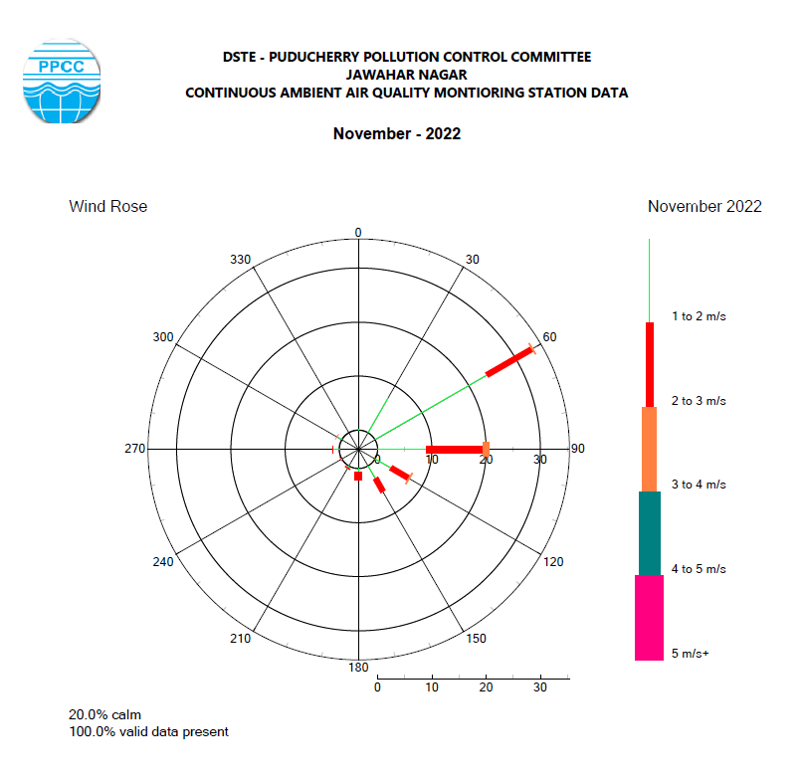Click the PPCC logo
pos(61,81)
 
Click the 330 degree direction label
pos(241,260)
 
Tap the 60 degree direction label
pos(549,337)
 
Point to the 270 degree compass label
pos(134,449)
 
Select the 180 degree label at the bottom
pos(358,667)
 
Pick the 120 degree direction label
pos(553,562)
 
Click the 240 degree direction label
pos(163,562)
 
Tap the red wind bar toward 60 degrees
pos(509,362)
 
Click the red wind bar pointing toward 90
pos(455,450)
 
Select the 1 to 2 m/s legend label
pos(699,316)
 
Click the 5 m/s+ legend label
pos(690,654)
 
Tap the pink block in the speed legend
pos(649,618)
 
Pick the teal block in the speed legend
pos(649,533)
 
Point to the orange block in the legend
pos(649,449)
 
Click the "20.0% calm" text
pos(104,714)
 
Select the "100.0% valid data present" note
pos(148,731)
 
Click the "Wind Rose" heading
pos(107,206)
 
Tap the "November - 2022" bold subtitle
pos(396,133)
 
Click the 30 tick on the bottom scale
pos(541,687)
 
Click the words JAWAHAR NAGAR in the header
pos(406,75)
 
